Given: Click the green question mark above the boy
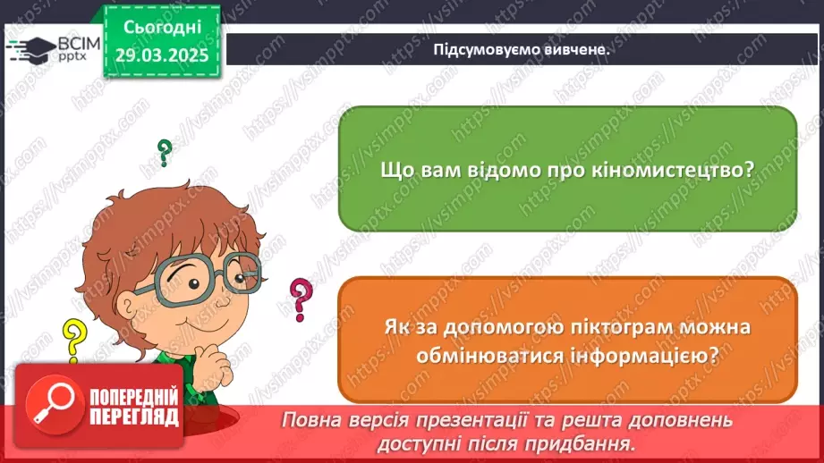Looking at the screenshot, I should pyautogui.click(x=165, y=152).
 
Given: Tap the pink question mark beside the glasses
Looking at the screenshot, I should pyautogui.click(x=302, y=299).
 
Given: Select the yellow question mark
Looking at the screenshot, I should pyautogui.click(x=72, y=340).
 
